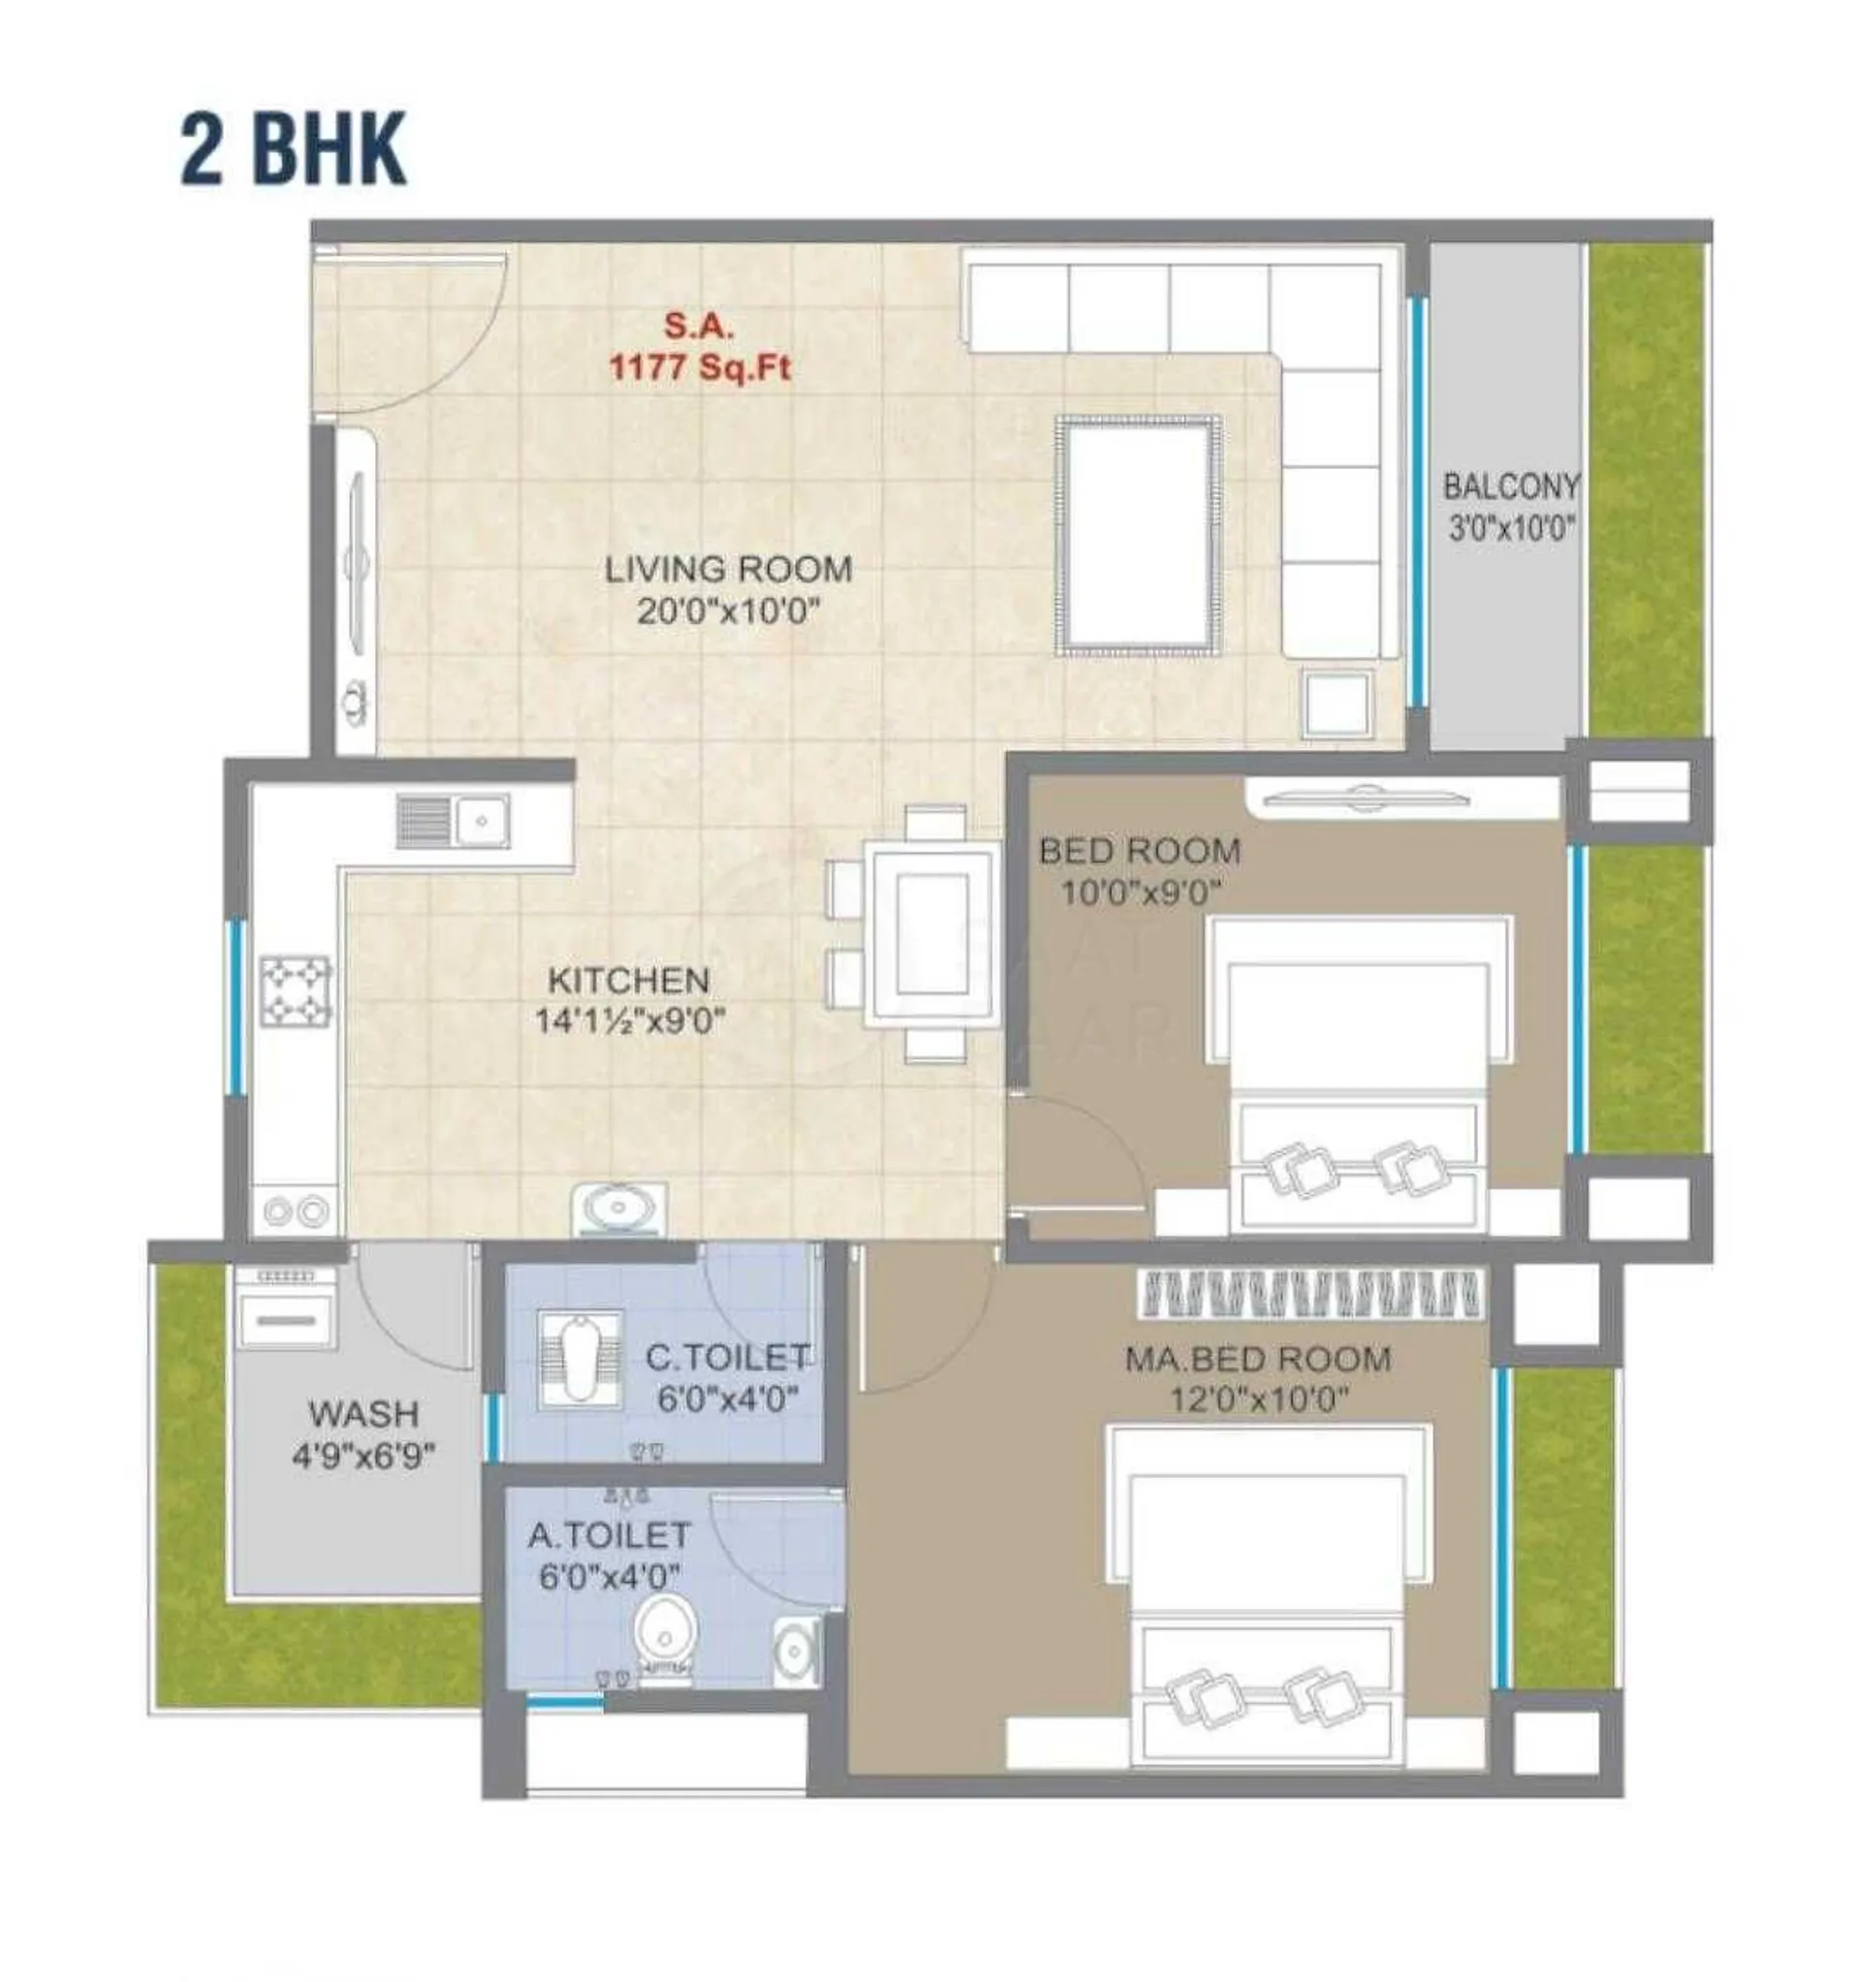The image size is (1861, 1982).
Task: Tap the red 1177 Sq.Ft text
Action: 700,368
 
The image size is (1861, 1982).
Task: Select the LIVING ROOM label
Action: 729,569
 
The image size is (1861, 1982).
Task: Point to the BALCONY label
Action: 1512,487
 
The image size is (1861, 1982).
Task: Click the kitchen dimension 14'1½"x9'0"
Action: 629,1021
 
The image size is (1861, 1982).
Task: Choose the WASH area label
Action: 363,1413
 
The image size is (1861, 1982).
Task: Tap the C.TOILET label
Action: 727,1357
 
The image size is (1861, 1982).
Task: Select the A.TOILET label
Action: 609,1534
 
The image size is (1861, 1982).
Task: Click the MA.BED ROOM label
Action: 1257,1359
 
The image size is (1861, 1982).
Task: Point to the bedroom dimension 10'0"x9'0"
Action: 1140,893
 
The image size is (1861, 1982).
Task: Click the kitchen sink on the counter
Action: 453,821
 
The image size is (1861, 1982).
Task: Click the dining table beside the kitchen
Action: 931,933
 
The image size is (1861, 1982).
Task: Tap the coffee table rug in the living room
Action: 1139,535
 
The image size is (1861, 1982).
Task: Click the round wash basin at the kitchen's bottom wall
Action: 618,1209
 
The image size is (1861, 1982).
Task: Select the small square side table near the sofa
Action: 1338,703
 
